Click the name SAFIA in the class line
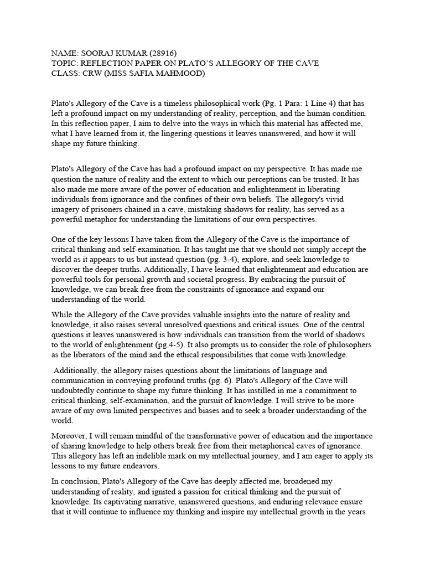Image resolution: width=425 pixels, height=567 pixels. click(x=151, y=74)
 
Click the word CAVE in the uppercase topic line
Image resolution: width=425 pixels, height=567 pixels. click(x=307, y=64)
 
